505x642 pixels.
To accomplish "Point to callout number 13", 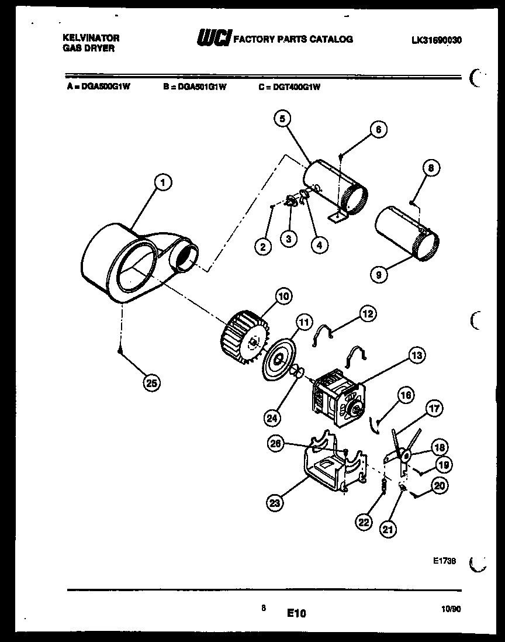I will [416, 354].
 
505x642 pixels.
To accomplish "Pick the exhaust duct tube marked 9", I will [406, 234].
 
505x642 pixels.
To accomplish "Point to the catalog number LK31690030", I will [436, 40].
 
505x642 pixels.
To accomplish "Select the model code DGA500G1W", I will [105, 87].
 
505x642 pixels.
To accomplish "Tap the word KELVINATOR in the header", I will [91, 37].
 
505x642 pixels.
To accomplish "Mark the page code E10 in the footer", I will [296, 613].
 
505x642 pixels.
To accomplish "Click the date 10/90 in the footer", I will [451, 609].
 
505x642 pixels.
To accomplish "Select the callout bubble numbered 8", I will [431, 168].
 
